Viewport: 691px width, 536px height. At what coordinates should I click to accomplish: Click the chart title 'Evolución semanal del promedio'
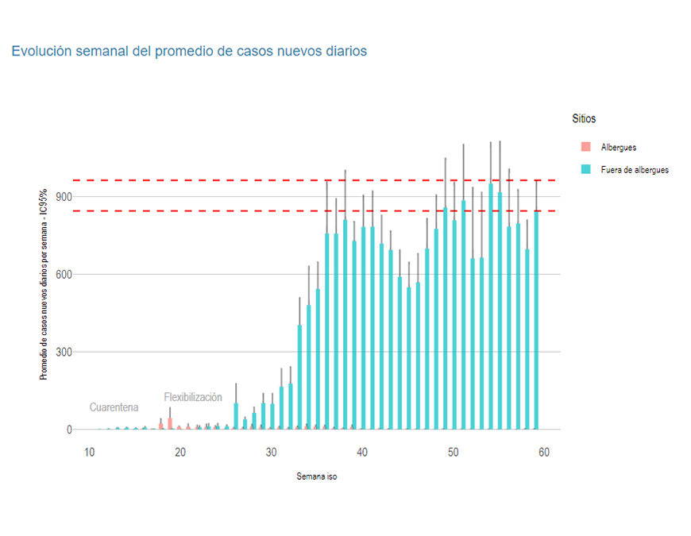(x=189, y=51)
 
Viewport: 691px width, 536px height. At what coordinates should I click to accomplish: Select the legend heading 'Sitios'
(x=584, y=118)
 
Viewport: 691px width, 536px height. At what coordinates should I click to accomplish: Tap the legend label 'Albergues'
(x=619, y=148)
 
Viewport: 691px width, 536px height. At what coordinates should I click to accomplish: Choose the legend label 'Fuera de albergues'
(x=635, y=170)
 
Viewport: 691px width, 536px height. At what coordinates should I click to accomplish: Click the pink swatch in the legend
(x=586, y=148)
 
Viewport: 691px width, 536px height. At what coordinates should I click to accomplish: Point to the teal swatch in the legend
(x=586, y=170)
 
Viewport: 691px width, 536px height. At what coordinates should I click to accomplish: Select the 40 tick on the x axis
(x=362, y=452)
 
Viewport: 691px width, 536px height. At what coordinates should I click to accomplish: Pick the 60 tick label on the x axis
(x=544, y=452)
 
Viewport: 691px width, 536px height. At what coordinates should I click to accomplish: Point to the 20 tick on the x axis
(x=180, y=452)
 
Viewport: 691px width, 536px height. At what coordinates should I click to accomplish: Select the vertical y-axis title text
(x=44, y=284)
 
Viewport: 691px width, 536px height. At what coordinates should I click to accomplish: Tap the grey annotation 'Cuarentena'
(x=114, y=407)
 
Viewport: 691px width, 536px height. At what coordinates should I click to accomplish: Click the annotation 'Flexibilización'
(x=193, y=397)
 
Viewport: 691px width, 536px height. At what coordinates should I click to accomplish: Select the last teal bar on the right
(x=536, y=318)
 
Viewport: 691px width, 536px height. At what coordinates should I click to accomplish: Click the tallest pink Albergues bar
(x=170, y=423)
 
